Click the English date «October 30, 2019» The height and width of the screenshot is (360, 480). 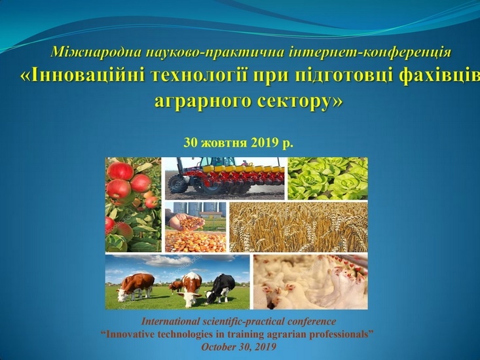pos(239,346)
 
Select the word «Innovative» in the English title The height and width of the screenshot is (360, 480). pos(138,334)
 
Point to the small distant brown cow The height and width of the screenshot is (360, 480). pos(175,285)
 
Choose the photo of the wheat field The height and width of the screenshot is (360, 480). pos(298,226)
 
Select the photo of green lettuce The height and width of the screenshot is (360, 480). pos(327,177)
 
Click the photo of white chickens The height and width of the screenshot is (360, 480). pos(310,281)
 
